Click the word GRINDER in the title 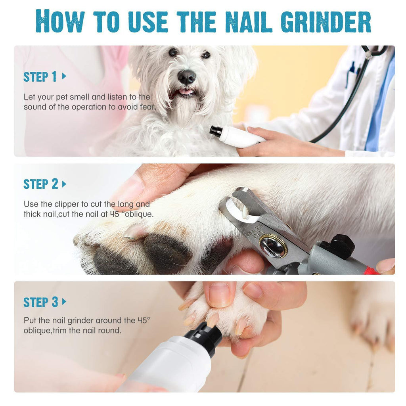[326, 21]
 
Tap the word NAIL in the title [248, 21]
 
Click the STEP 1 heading [40, 77]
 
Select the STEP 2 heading [41, 184]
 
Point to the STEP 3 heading [41, 302]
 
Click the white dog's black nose [186, 77]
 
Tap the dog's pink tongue [186, 92]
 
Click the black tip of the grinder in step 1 [215, 131]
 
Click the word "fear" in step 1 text [147, 107]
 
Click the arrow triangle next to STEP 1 [64, 76]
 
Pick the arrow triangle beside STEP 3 [64, 302]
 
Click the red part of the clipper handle [372, 270]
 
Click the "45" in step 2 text [115, 214]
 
